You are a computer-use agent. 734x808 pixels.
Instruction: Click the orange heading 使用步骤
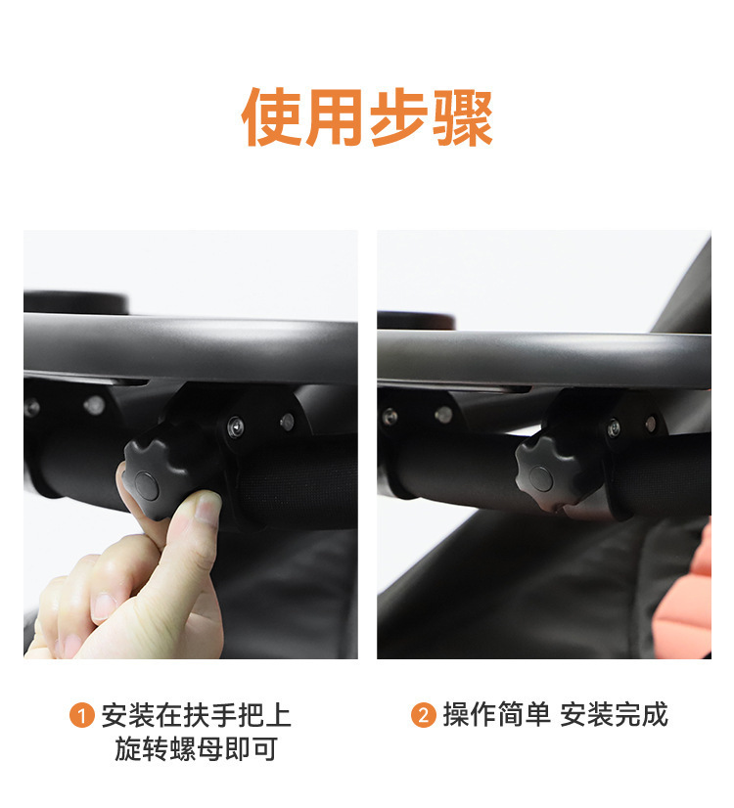tap(367, 117)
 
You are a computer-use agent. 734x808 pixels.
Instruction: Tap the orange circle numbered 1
tap(82, 715)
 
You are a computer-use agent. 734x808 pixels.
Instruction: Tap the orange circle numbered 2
tap(424, 715)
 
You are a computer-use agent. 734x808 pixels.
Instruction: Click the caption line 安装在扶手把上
tap(197, 715)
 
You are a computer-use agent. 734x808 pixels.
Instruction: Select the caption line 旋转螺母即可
tap(197, 748)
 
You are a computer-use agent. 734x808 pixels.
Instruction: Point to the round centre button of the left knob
tap(146, 485)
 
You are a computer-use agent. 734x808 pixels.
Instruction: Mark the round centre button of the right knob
tap(540, 478)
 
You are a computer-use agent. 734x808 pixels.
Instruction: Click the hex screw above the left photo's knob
tap(236, 427)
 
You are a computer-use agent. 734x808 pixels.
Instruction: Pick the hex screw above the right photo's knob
tap(614, 427)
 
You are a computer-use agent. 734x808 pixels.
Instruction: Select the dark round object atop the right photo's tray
tap(416, 321)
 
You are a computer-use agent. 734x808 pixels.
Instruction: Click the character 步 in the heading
tap(399, 117)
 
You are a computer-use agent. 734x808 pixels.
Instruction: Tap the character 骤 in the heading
tap(463, 117)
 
